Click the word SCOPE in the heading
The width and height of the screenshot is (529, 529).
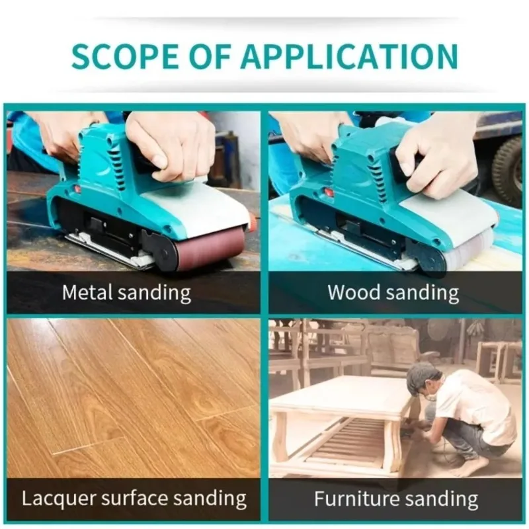coord(124,56)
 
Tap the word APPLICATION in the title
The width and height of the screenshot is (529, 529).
coord(349,56)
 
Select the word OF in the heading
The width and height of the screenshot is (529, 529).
coord(209,56)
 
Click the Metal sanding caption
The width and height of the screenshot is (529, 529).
coord(126,292)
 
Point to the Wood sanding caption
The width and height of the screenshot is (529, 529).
coord(393,292)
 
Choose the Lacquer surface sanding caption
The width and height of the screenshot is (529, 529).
coord(134,499)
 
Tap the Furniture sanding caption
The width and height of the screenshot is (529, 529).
coord(396,499)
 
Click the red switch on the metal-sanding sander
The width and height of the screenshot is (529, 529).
coord(77,188)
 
